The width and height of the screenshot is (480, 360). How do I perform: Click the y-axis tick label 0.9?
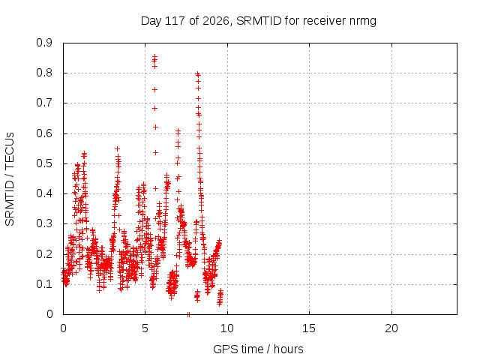pos(44,43)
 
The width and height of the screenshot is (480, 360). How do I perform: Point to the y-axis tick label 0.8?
pos(44,73)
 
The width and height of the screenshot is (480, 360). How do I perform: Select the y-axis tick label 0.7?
pos(44,103)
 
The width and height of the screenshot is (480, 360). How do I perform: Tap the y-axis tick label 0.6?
pos(44,133)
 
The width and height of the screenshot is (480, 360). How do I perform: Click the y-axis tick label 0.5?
pos(44,163)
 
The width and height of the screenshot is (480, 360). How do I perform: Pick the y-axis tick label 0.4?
pos(44,193)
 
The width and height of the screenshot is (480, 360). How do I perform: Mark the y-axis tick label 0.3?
pos(44,223)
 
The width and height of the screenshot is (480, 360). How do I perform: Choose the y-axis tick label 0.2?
pos(44,253)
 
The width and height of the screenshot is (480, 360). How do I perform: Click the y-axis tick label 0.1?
pos(44,284)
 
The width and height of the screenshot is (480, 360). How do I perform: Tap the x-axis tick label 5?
pos(145,328)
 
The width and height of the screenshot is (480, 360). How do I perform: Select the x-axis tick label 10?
pos(227,328)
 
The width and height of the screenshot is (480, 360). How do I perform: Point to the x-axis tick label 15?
pos(309,328)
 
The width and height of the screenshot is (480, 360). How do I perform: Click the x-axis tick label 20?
pos(391,328)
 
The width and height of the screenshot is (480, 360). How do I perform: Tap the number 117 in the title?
pos(175,21)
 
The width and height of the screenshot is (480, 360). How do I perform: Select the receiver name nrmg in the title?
pos(363,22)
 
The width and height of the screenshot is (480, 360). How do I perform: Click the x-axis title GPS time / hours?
pos(258,349)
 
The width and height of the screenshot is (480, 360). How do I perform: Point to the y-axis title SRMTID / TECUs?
pos(10,179)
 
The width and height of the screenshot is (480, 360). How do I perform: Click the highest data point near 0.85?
pos(155,57)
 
